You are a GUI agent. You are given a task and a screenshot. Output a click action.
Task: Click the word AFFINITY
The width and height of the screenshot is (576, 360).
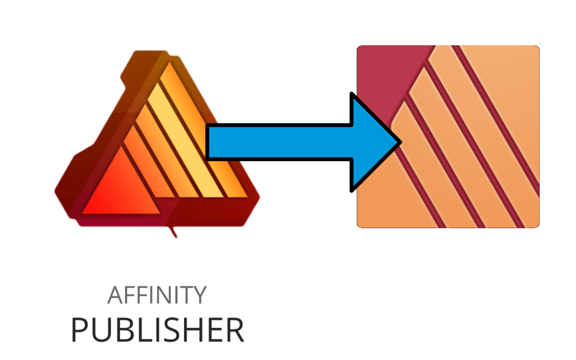(x=157, y=295)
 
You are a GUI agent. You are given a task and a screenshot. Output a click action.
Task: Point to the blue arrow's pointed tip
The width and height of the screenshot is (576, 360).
(x=399, y=142)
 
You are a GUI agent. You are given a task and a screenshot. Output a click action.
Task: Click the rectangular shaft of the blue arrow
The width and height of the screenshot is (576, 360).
(x=279, y=142)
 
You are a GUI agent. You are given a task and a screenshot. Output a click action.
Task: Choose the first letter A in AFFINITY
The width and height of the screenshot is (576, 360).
(x=115, y=295)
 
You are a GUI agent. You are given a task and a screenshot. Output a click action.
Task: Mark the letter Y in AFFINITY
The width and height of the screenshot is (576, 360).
(x=200, y=295)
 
